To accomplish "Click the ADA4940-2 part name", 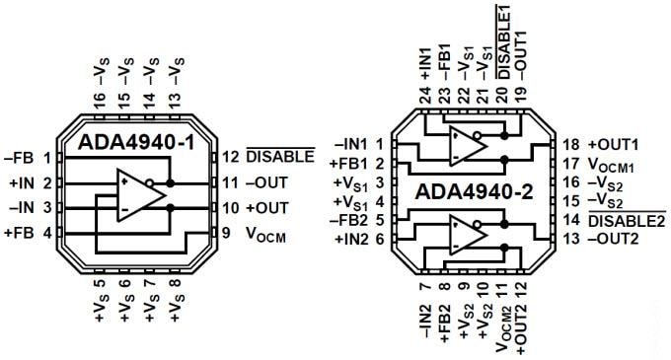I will pyautogui.click(x=475, y=190).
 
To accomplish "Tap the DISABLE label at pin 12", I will pyautogui.click(x=279, y=157).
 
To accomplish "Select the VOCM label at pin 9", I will pyautogui.click(x=266, y=235).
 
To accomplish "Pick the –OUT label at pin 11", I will pyautogui.click(x=267, y=182).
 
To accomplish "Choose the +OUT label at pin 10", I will pyautogui.click(x=267, y=208).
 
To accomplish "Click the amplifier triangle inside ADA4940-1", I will pyautogui.click(x=138, y=193).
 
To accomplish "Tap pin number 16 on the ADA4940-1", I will pyautogui.click(x=98, y=102).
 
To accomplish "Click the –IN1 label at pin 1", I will pyautogui.click(x=353, y=144).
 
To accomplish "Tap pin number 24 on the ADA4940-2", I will pyautogui.click(x=424, y=96).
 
